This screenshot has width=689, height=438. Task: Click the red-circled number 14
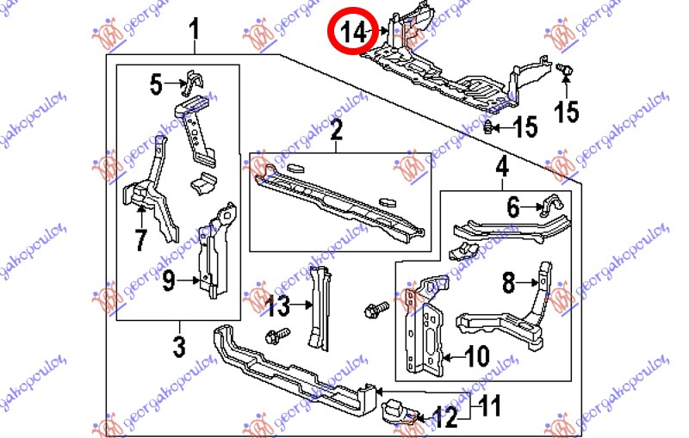tap(354, 34)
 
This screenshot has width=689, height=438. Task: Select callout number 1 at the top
tap(195, 33)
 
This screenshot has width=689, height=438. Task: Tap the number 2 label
tap(336, 131)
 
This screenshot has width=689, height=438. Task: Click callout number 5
tap(155, 84)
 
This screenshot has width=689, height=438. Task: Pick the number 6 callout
tap(513, 207)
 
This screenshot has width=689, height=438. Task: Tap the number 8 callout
tap(508, 281)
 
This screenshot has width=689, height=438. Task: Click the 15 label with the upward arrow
tap(567, 111)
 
